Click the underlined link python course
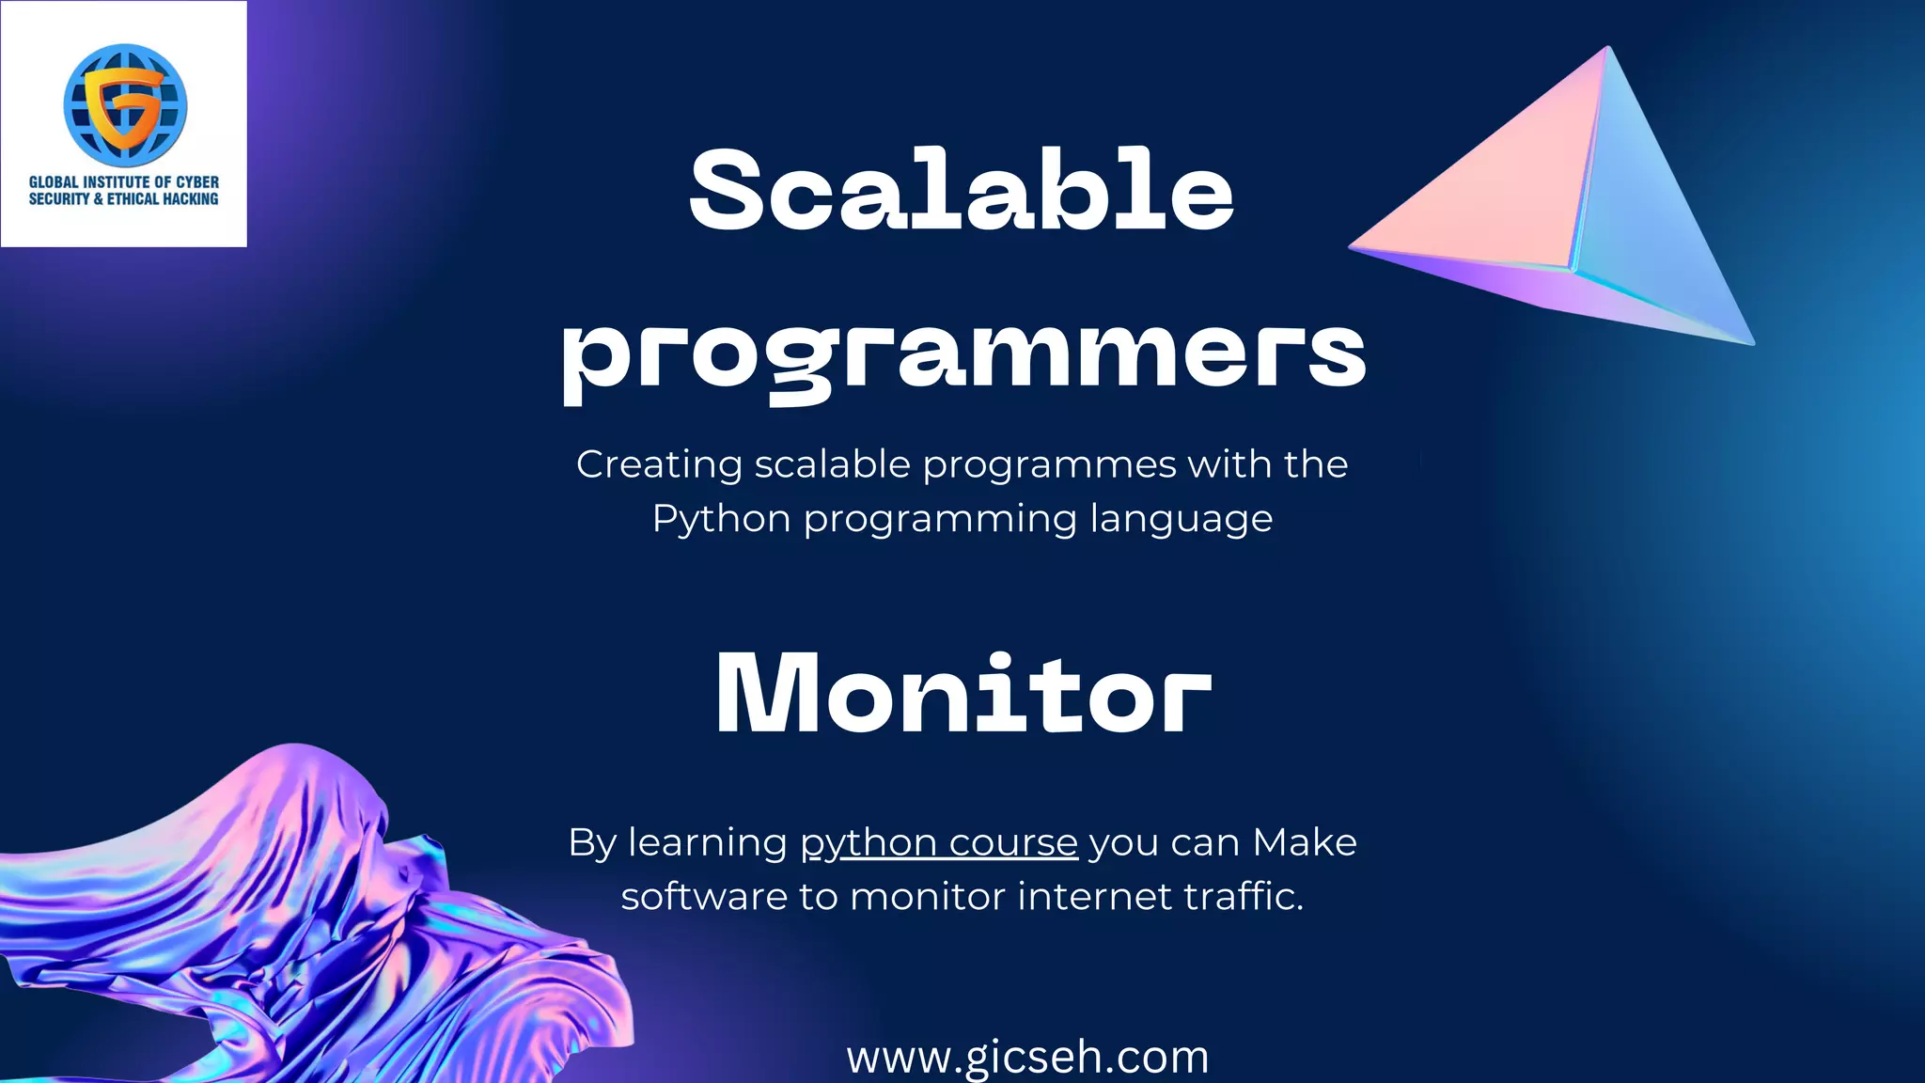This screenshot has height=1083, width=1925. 938,843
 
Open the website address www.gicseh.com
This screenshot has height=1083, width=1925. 1027,1057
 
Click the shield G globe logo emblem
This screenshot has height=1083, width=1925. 125,103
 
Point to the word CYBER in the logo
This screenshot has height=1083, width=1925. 197,181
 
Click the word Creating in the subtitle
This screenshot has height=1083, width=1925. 659,464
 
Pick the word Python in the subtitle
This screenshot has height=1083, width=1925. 721,519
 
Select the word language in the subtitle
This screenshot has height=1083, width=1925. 1182,520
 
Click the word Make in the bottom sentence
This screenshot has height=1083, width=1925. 1305,843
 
